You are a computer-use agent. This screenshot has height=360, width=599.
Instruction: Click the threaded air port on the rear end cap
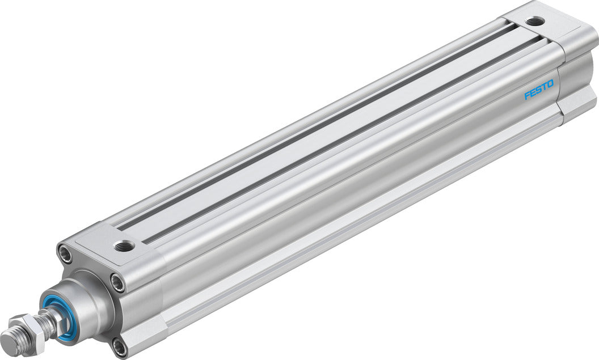[x=534, y=22]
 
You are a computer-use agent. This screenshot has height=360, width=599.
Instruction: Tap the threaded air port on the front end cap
[x=123, y=246]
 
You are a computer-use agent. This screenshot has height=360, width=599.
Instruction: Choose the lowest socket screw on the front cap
[x=119, y=346]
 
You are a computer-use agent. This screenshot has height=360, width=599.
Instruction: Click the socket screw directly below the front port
[x=118, y=282]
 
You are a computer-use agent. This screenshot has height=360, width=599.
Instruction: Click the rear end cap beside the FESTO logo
[x=573, y=85]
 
